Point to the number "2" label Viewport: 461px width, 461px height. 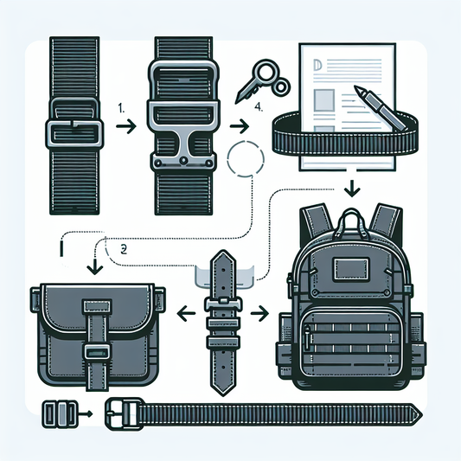point(124,247)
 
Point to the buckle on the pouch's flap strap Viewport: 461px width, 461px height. point(95,352)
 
